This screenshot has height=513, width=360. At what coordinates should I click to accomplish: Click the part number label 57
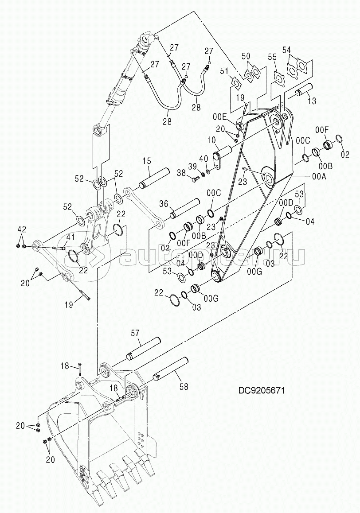[x=135, y=333]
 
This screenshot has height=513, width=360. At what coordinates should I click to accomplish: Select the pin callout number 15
[x=147, y=161]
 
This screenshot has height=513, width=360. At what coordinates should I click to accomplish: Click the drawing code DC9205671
[x=261, y=390]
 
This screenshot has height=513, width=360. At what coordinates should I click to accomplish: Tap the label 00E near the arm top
[x=219, y=117]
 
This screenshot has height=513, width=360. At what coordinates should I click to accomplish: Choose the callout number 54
[x=286, y=50]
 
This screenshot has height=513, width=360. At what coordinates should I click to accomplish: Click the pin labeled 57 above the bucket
[x=143, y=349]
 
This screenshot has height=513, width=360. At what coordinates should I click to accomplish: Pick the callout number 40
[x=204, y=159]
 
